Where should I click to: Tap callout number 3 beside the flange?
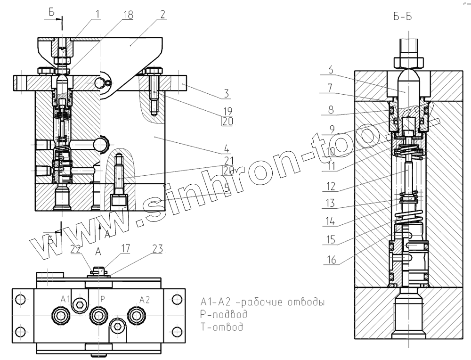click(227, 93)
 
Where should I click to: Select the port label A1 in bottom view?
click(65, 299)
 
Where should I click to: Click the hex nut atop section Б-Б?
click(409, 61)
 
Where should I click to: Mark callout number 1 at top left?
click(96, 14)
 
